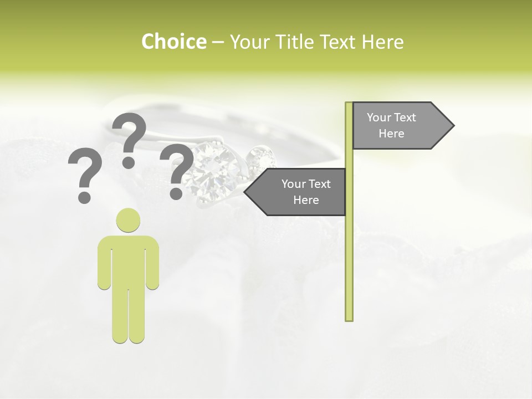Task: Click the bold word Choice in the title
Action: pos(173,42)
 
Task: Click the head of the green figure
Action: pos(128,220)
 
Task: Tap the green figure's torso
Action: pos(128,260)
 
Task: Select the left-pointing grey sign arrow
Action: pos(297,192)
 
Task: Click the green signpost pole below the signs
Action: pos(349,266)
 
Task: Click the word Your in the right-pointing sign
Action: pos(379,117)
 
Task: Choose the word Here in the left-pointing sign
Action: pos(306,200)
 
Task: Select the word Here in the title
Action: pos(383,42)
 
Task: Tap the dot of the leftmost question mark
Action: pos(84,197)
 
